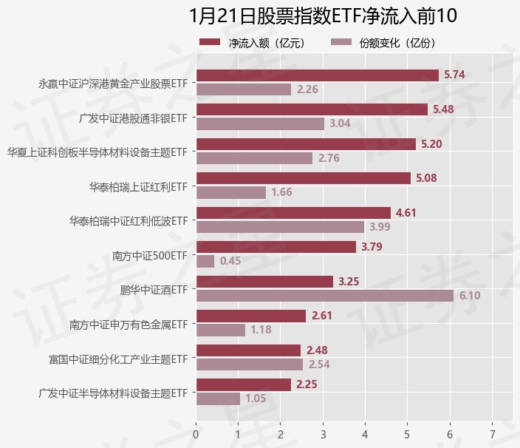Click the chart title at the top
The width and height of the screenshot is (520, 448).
tap(323, 16)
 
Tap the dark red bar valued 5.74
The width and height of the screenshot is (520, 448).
tap(318, 75)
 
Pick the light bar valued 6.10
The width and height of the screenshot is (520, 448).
tap(325, 296)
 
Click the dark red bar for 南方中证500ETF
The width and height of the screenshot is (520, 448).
tap(276, 247)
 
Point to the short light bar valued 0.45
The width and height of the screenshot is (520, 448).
tap(205, 261)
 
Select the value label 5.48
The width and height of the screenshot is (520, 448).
tap(443, 109)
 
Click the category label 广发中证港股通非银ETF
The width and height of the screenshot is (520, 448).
tap(132, 118)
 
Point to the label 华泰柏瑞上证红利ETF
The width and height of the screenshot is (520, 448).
tap(138, 186)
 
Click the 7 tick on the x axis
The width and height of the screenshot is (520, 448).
tap(492, 435)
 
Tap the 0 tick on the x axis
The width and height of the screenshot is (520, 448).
tap(196, 435)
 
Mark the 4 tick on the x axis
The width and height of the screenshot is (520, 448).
tap(365, 435)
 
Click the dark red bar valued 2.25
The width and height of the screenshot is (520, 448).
tap(243, 384)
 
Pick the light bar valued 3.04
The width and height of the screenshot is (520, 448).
tap(260, 123)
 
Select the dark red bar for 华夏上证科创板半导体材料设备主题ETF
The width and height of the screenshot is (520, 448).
tap(306, 144)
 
